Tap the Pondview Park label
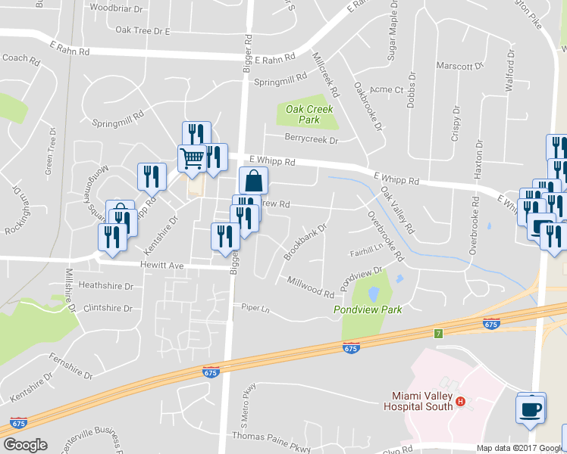click(368, 309)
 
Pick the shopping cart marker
click(192, 157)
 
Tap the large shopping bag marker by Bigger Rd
click(253, 181)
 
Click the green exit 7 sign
click(438, 333)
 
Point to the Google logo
click(25, 445)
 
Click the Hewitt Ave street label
click(162, 266)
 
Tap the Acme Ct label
click(387, 89)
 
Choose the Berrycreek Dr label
click(311, 138)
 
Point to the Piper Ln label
click(255, 309)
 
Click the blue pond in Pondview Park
click(373, 294)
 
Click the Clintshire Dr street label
click(107, 309)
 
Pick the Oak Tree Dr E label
click(143, 31)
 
